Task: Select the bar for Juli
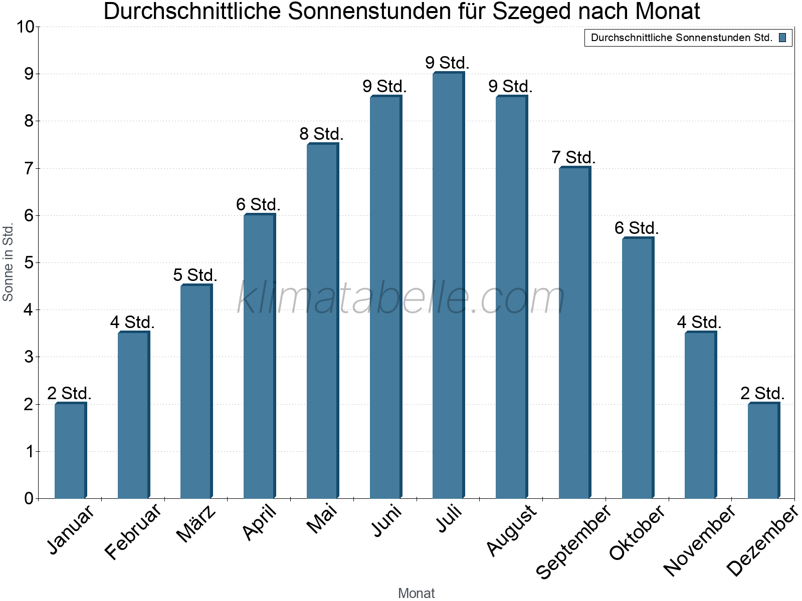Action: (x=448, y=285)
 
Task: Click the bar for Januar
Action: (x=70, y=451)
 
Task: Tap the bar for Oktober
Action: (x=638, y=368)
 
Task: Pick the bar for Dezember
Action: (x=763, y=451)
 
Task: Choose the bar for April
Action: (x=259, y=356)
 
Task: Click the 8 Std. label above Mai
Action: (x=321, y=134)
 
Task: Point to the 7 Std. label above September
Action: (x=573, y=157)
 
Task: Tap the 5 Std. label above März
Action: (x=195, y=275)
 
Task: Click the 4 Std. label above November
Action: (x=699, y=322)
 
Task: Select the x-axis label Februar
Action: (x=133, y=531)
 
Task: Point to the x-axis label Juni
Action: (x=386, y=521)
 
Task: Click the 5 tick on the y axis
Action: (x=29, y=263)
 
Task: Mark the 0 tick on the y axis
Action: (x=29, y=499)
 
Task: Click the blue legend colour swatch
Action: (x=782, y=38)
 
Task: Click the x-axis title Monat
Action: (x=416, y=593)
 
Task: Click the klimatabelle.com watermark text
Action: (x=401, y=298)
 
